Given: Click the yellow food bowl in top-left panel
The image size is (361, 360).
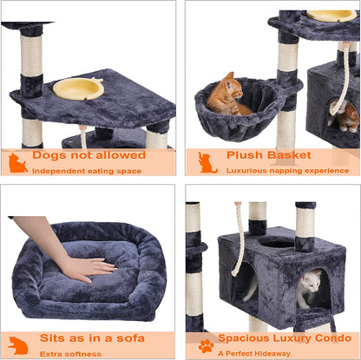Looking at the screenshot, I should click(78, 88).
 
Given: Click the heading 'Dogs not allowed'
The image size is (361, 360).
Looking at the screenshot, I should click(89, 155).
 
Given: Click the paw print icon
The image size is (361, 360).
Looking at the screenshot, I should click(206, 345).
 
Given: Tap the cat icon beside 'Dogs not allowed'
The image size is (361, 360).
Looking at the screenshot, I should click(18, 163).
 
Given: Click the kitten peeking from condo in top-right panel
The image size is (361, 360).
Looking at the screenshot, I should click(347, 115).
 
